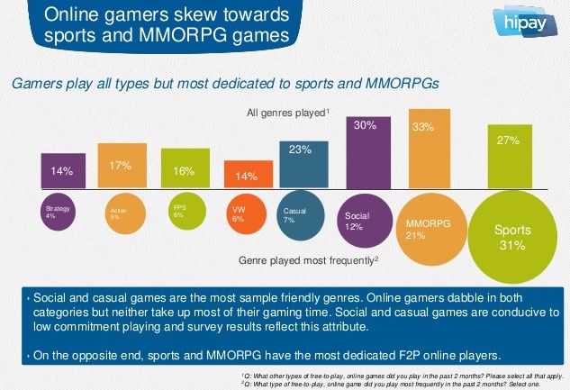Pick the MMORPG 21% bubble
pos(422,228)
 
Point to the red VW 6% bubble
pos(240,213)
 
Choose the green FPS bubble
pos(181,213)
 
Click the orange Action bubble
pos(120,213)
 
